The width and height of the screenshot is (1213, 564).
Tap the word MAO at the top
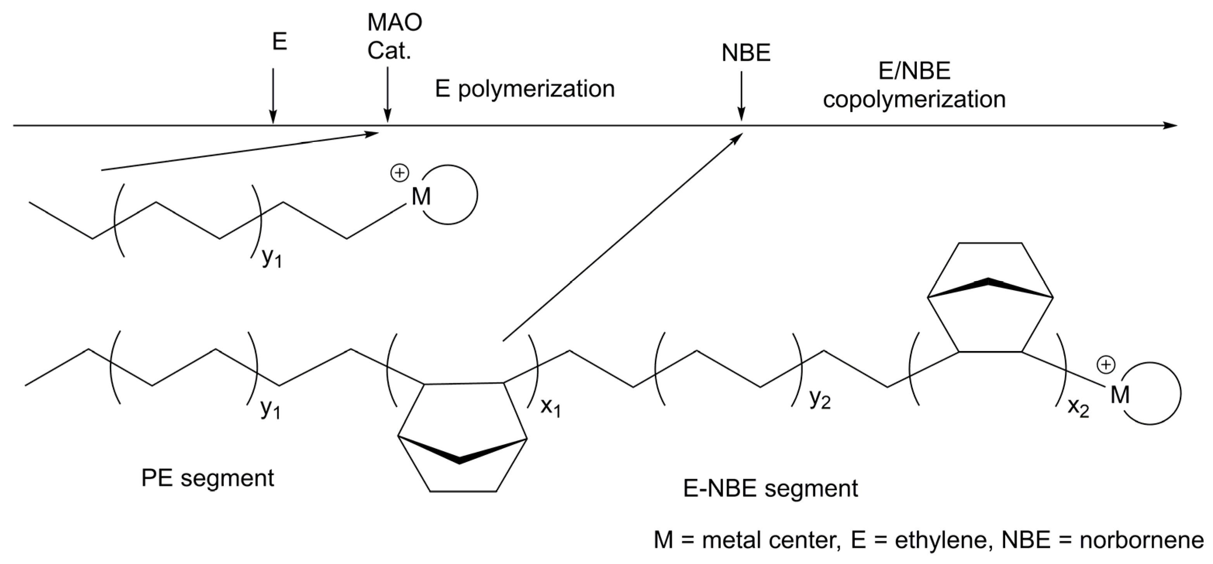tap(395, 22)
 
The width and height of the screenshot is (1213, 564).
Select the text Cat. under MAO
tap(389, 51)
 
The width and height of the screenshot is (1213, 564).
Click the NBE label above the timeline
tap(746, 53)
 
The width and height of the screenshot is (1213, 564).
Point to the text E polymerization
tap(525, 89)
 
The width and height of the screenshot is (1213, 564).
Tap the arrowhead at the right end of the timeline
tap(1170, 125)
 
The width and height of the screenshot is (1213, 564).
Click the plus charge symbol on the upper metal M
tap(399, 173)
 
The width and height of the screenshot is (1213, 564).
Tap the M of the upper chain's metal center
tap(421, 197)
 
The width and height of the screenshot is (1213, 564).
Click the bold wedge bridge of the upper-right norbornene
tap(989, 287)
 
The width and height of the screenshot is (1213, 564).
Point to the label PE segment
tap(208, 478)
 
